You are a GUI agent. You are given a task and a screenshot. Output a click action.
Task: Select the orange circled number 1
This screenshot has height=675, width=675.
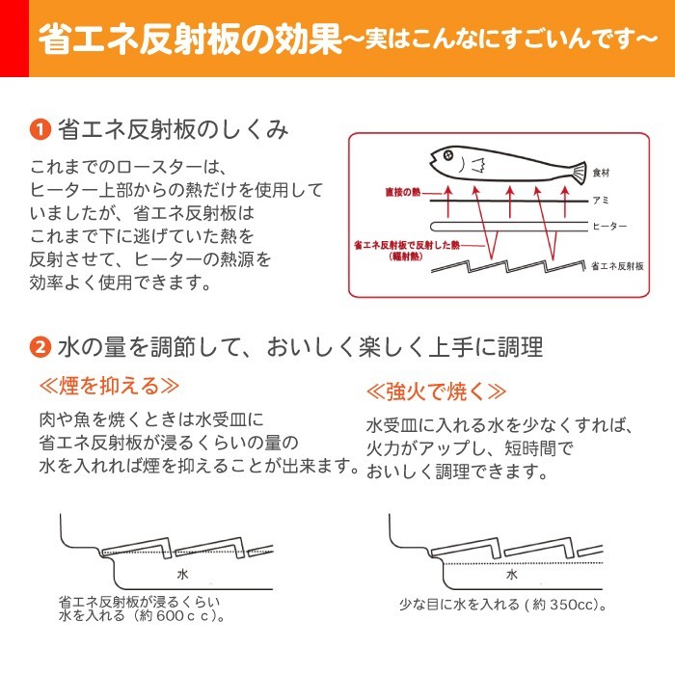[40, 128]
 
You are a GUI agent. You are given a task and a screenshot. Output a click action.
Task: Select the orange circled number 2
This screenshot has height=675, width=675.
[40, 345]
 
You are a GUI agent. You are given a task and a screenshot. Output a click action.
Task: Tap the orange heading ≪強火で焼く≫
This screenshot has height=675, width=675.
[437, 391]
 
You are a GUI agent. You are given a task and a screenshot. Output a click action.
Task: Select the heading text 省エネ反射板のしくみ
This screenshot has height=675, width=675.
[174, 128]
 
